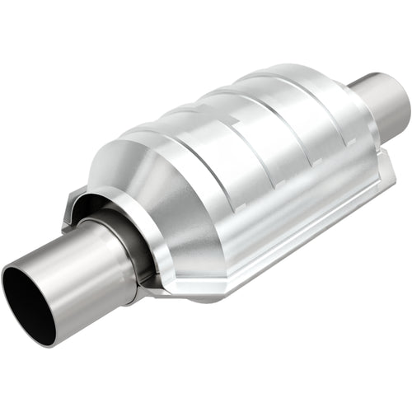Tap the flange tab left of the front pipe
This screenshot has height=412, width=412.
[x=73, y=205]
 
